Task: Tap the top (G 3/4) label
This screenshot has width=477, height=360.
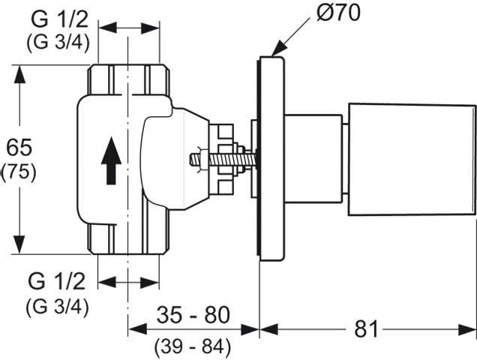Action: [58, 41]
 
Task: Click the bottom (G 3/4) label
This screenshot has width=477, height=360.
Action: [58, 306]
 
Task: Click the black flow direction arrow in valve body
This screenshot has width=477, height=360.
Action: [110, 159]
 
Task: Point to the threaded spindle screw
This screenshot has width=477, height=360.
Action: [217, 159]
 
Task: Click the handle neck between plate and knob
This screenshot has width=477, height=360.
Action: [315, 159]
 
